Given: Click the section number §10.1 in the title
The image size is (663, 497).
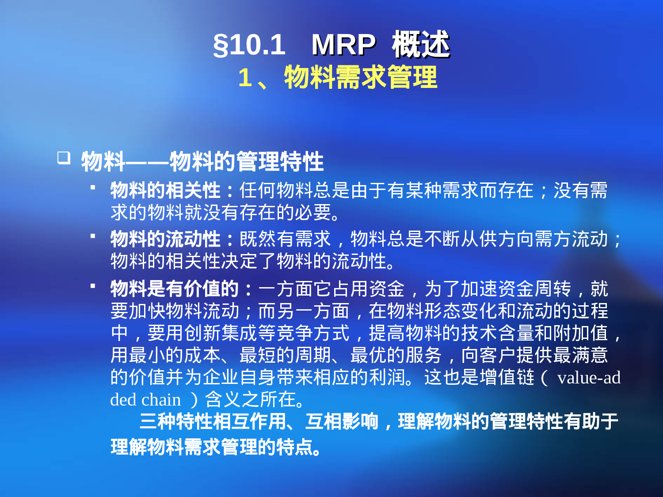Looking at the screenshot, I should point(249,45).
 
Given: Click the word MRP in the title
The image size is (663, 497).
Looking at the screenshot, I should point(343,45).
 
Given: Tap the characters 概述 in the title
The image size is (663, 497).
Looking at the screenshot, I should point(420,45).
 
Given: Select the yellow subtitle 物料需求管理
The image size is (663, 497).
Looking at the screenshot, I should point(361,77).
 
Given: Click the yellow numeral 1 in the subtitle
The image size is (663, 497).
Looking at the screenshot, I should point(245,78).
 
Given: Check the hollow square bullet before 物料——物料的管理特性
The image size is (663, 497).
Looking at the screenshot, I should point(64,158).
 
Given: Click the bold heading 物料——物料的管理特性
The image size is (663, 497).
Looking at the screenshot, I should point(202,161).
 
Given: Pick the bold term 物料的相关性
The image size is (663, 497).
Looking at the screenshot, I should point(165,191).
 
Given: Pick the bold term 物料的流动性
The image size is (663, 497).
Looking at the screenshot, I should point(165,239).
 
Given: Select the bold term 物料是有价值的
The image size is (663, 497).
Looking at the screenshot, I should point(175,289).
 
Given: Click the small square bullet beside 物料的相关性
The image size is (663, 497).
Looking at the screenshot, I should point(93,187).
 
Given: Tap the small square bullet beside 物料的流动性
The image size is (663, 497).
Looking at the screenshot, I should point(93,236).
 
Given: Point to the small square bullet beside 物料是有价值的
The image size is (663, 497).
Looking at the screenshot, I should point(93,286).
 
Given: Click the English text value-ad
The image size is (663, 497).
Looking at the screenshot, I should point(589,378).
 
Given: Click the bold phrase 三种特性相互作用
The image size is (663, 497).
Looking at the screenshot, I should point(213,421).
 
